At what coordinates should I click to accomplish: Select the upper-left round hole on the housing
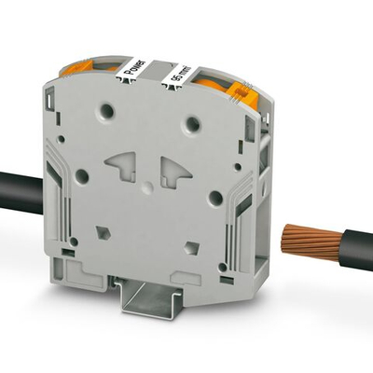pos(108,112)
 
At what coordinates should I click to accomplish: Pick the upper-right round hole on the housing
pos(193,124)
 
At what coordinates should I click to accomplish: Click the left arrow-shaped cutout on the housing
pos(123,166)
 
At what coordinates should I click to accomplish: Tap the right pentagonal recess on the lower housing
pos(191,247)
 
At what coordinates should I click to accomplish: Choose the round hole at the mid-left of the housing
pos(81,174)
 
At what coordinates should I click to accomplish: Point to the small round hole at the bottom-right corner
pos(224,268)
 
